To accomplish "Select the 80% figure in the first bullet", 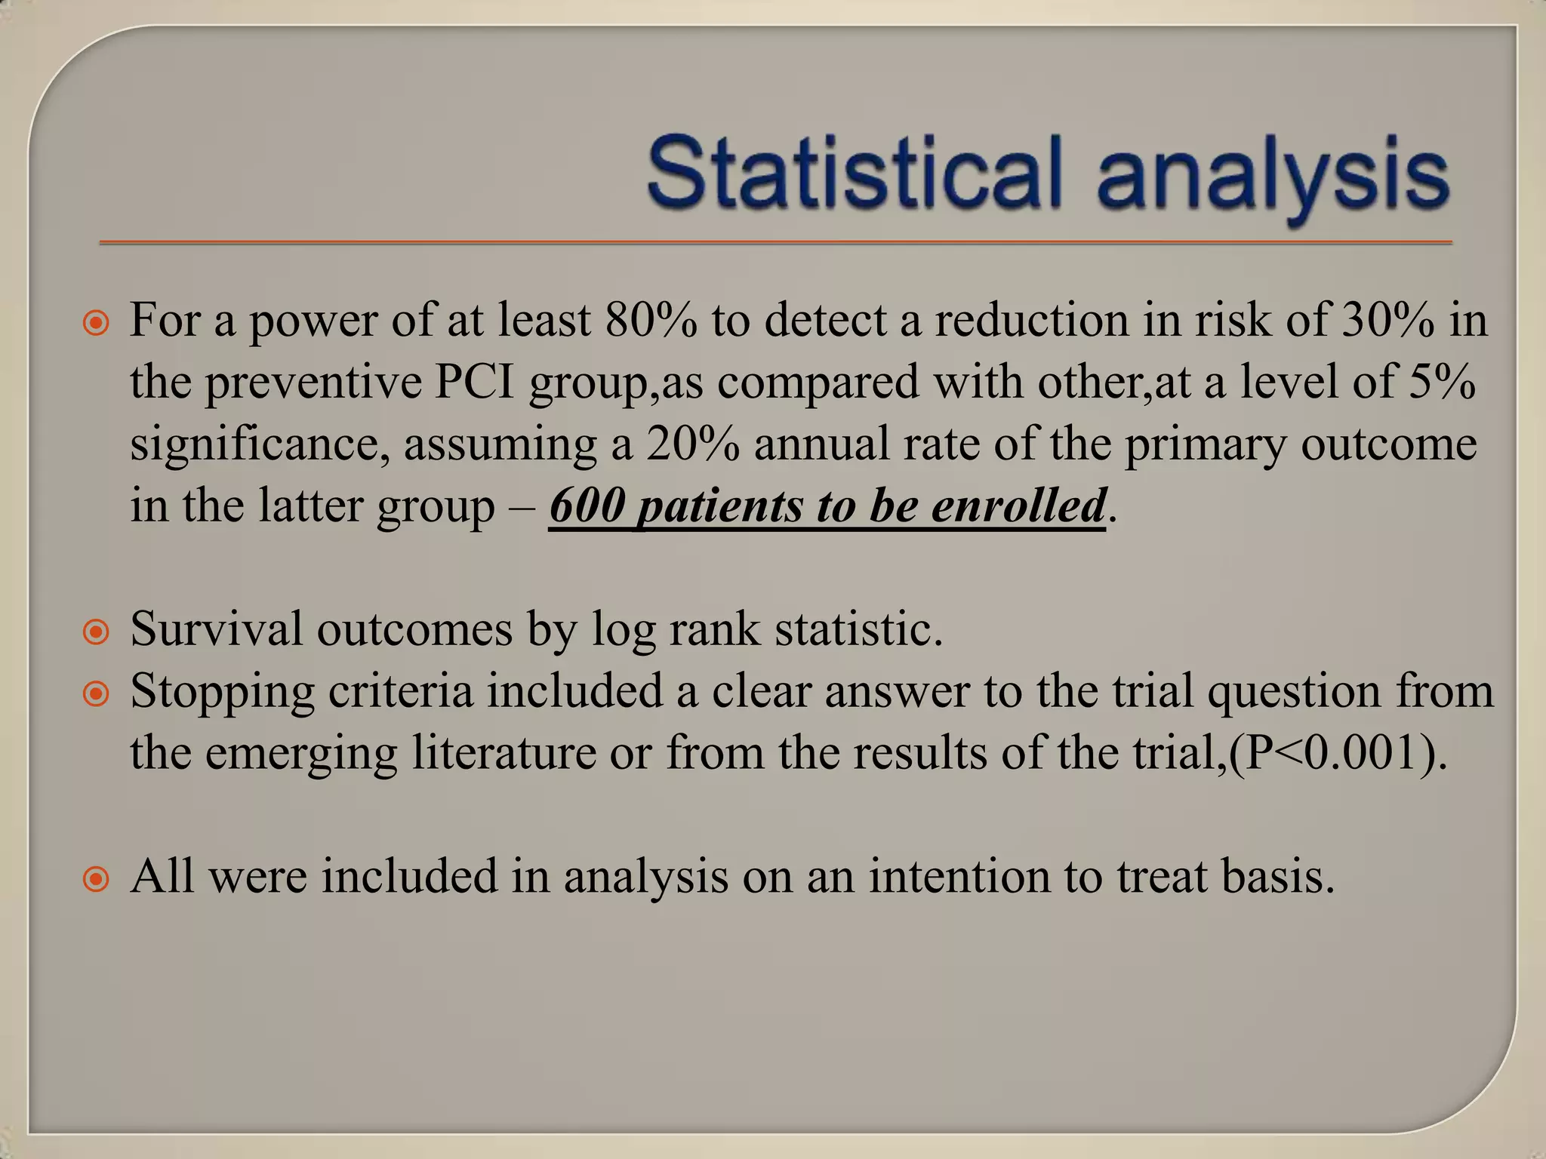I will [x=651, y=320].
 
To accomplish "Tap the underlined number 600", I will [x=587, y=506].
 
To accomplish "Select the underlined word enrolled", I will [x=1018, y=506].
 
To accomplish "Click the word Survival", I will [x=216, y=629].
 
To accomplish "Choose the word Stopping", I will [x=222, y=691].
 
